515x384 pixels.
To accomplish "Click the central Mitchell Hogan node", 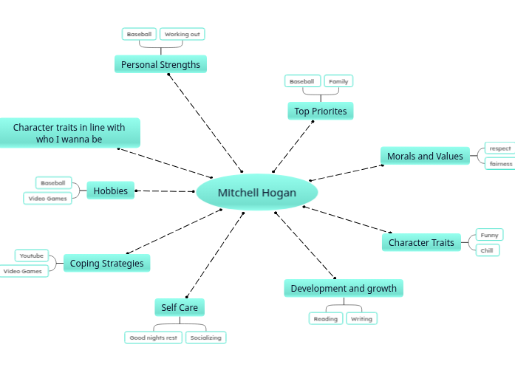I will (257, 193).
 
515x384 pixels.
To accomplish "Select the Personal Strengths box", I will (160, 65).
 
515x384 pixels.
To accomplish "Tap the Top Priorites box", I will (320, 112).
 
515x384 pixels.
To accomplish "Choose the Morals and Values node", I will (425, 156).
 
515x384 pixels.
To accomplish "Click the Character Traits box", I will (421, 242).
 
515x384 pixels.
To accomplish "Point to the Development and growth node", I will (344, 288).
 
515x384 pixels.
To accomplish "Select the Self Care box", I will (180, 307).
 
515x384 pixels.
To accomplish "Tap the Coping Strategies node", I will (106, 263).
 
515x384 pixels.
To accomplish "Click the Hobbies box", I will (110, 191).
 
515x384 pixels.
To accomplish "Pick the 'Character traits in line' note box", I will (69, 133).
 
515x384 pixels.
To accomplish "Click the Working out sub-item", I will (182, 34).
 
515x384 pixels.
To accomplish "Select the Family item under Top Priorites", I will (338, 81).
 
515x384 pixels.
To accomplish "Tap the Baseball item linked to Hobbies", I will (53, 182).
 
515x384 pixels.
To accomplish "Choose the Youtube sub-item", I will (32, 256).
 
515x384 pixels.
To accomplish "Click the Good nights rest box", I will (153, 337).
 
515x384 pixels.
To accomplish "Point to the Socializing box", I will (205, 337).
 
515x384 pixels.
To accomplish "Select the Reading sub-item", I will (325, 319).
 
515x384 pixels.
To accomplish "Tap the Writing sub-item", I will (361, 319).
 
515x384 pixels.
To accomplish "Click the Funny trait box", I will (489, 235).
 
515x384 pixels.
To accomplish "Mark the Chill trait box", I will (487, 250).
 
